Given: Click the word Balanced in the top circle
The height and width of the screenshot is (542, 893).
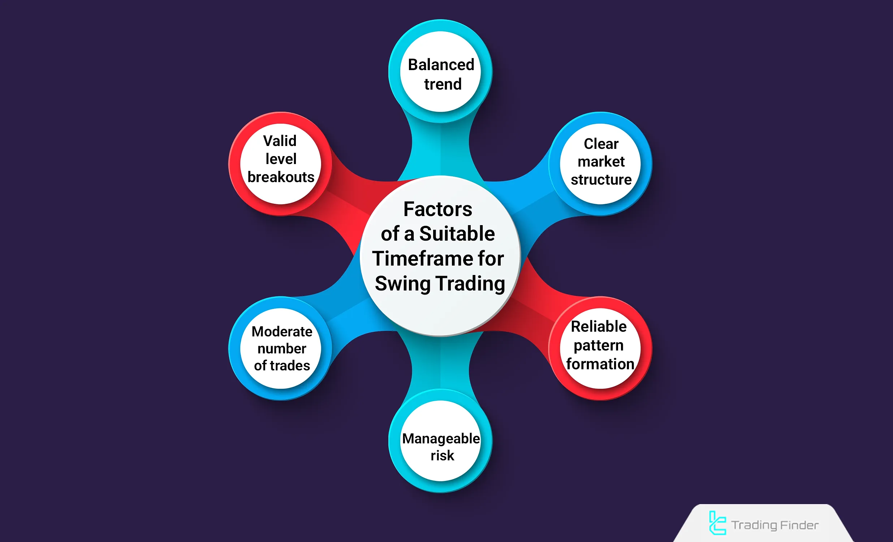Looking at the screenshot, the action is click(x=441, y=65).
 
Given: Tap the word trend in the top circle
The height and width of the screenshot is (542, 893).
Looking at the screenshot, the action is click(x=443, y=84).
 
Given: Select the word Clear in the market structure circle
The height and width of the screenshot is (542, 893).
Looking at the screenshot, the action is click(x=601, y=143).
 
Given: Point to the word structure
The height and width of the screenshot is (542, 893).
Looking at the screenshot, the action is click(x=601, y=180).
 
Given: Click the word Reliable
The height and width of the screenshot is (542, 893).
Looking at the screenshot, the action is click(x=599, y=326).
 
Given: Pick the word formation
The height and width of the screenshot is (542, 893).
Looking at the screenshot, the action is click(x=600, y=364).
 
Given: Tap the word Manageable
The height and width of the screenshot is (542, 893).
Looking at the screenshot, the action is click(x=441, y=439).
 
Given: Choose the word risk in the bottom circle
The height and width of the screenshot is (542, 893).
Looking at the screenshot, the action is click(x=442, y=455).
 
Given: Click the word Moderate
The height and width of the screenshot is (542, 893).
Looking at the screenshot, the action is click(x=282, y=331).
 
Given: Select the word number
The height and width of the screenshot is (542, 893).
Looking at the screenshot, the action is click(x=282, y=348).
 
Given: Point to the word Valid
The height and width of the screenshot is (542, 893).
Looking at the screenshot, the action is click(x=280, y=141).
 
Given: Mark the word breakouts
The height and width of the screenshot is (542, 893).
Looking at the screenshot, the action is click(x=281, y=177).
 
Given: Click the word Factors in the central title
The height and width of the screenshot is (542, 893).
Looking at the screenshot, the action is click(x=438, y=209).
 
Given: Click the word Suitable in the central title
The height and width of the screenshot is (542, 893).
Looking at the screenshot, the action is click(x=457, y=233).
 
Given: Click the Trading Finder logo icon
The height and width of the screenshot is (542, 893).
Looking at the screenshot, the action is click(x=717, y=523).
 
